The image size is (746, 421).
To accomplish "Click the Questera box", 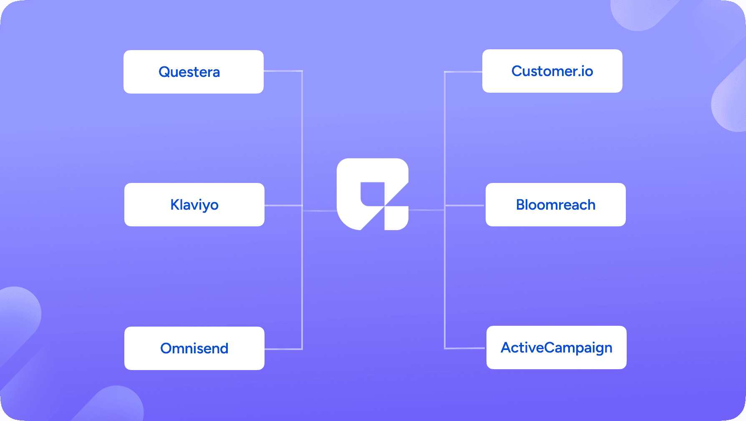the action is point(194,72).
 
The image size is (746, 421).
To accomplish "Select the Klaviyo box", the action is point(194,205).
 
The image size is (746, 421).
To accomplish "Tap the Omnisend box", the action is point(194,348).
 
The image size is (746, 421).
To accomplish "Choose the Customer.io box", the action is point(552,71).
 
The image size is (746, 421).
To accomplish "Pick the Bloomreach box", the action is point(556,205).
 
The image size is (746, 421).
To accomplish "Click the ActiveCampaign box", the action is point(557,347).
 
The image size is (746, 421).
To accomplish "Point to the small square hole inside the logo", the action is point(373,194).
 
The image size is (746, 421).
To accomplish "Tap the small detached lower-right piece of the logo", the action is point(396,218).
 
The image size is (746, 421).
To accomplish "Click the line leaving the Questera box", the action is point(283,71).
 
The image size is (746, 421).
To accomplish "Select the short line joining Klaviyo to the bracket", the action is point(283,205).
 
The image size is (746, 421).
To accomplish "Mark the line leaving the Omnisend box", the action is point(283,349).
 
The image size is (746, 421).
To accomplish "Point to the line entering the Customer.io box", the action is point(463,72).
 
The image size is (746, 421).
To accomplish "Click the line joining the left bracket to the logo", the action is point(320,211).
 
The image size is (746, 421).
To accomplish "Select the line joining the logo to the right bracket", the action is point(426,210).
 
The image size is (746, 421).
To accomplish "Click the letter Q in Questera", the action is point(164,72).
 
